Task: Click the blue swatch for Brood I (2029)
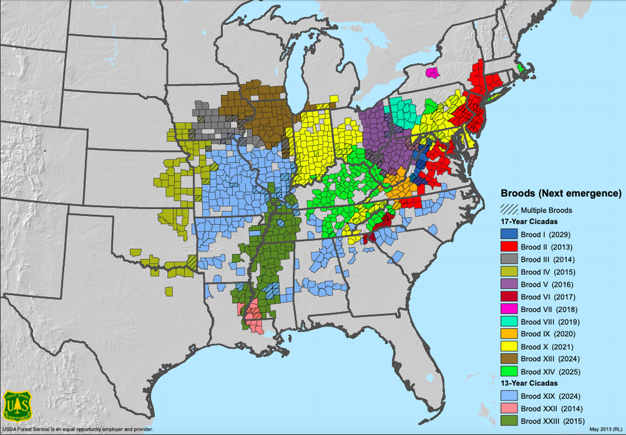pos(508,234)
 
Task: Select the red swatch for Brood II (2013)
pos(508,247)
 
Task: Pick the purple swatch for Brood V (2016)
pos(508,285)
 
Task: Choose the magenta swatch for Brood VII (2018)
pos(508,309)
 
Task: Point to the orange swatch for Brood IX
pos(508,334)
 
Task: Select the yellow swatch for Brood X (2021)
pos(508,347)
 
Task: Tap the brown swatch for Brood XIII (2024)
pos(508,359)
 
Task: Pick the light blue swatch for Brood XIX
pos(508,397)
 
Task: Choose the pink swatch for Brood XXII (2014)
pos(508,409)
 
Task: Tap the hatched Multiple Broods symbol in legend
pos(508,210)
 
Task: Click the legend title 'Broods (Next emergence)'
pos(561,194)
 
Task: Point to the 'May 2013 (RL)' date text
pos(605,428)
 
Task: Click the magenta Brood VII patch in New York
pos(433,72)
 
